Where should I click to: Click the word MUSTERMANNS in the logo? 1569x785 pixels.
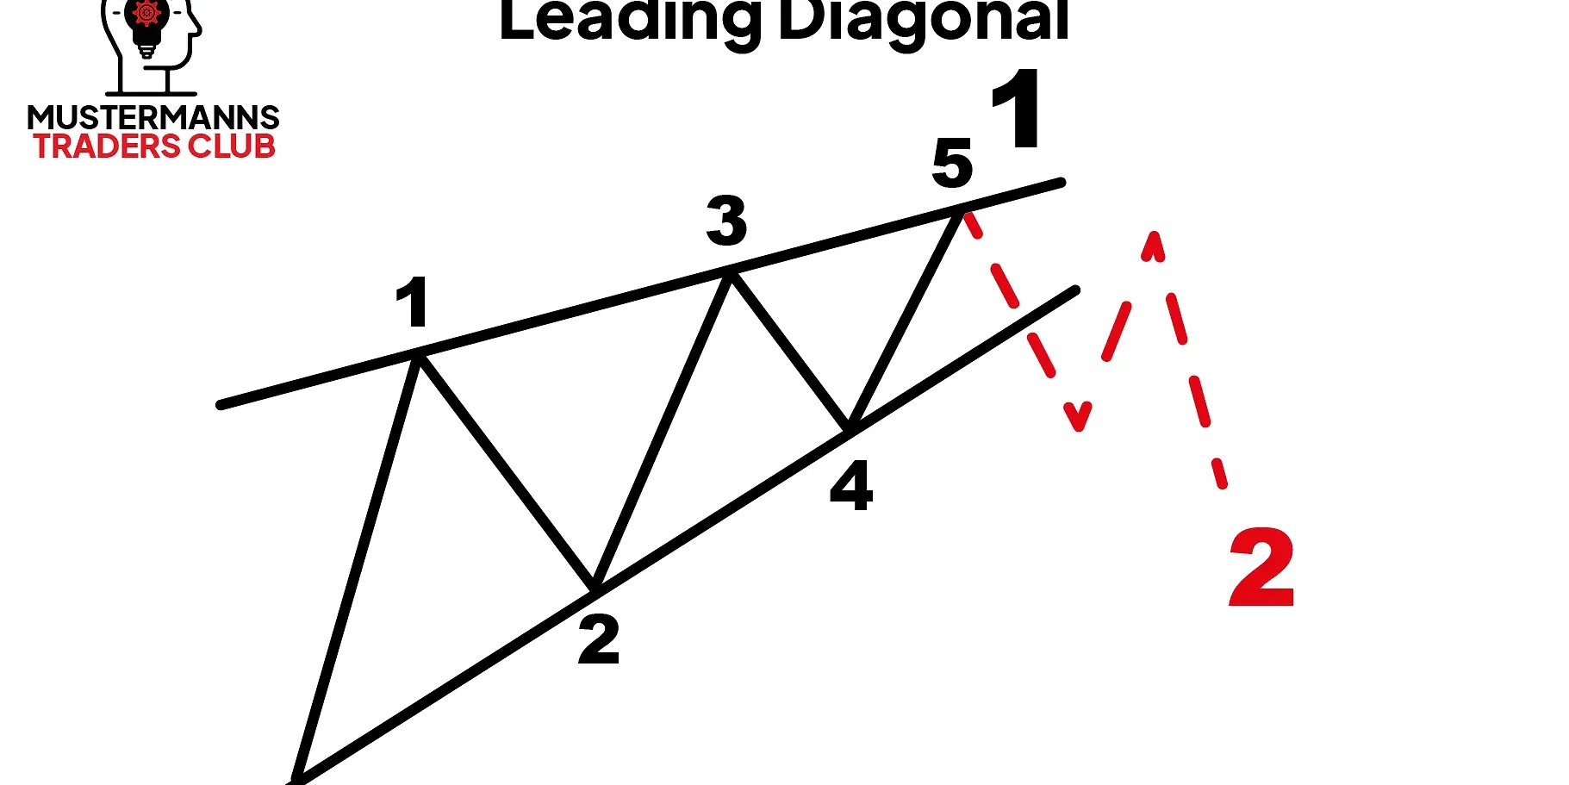[x=153, y=117]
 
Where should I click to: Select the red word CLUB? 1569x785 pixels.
[x=232, y=146]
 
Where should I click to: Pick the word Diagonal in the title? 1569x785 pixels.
[x=924, y=19]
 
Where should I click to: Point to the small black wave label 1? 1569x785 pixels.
[x=413, y=302]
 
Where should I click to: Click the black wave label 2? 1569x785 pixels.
[x=599, y=639]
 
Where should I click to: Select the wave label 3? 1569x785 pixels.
[x=726, y=220]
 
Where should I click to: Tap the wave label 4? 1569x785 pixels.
[x=851, y=486]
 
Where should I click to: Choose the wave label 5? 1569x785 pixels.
[x=952, y=163]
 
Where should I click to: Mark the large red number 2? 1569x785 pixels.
[x=1261, y=568]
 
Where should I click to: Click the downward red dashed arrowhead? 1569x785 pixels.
[x=1078, y=417]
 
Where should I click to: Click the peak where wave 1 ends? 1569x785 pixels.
[x=419, y=353]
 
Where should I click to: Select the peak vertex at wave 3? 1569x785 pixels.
[x=731, y=273]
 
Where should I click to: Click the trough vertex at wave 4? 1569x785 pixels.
[x=849, y=428]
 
